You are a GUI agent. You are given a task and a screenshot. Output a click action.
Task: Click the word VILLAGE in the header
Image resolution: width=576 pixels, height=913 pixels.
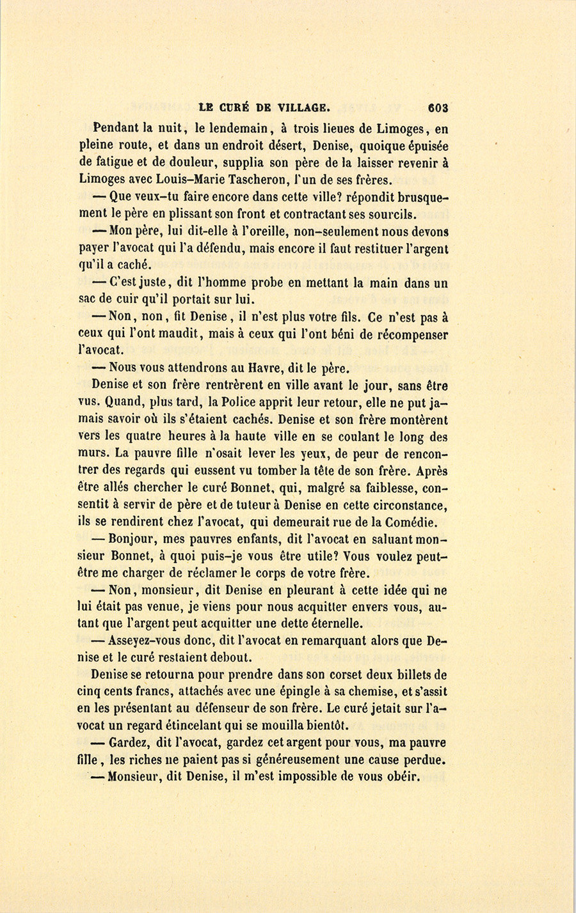(303, 107)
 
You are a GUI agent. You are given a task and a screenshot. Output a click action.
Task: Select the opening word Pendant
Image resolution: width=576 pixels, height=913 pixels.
(119, 127)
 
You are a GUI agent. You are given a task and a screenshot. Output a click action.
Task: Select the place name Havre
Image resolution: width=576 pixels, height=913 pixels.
(268, 368)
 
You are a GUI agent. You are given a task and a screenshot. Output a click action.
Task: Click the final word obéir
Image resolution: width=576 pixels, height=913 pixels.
(401, 778)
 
